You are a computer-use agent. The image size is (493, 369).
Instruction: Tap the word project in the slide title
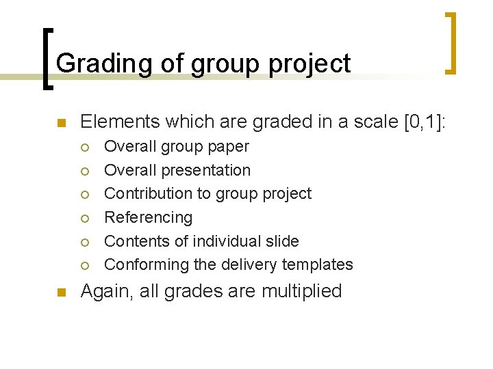point(310,64)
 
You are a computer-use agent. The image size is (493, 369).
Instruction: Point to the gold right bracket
point(450,42)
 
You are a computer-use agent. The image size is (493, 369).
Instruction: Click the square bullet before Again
point(60,292)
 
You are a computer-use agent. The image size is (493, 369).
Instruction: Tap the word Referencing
point(148,217)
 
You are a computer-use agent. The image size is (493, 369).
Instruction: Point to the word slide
point(281,241)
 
